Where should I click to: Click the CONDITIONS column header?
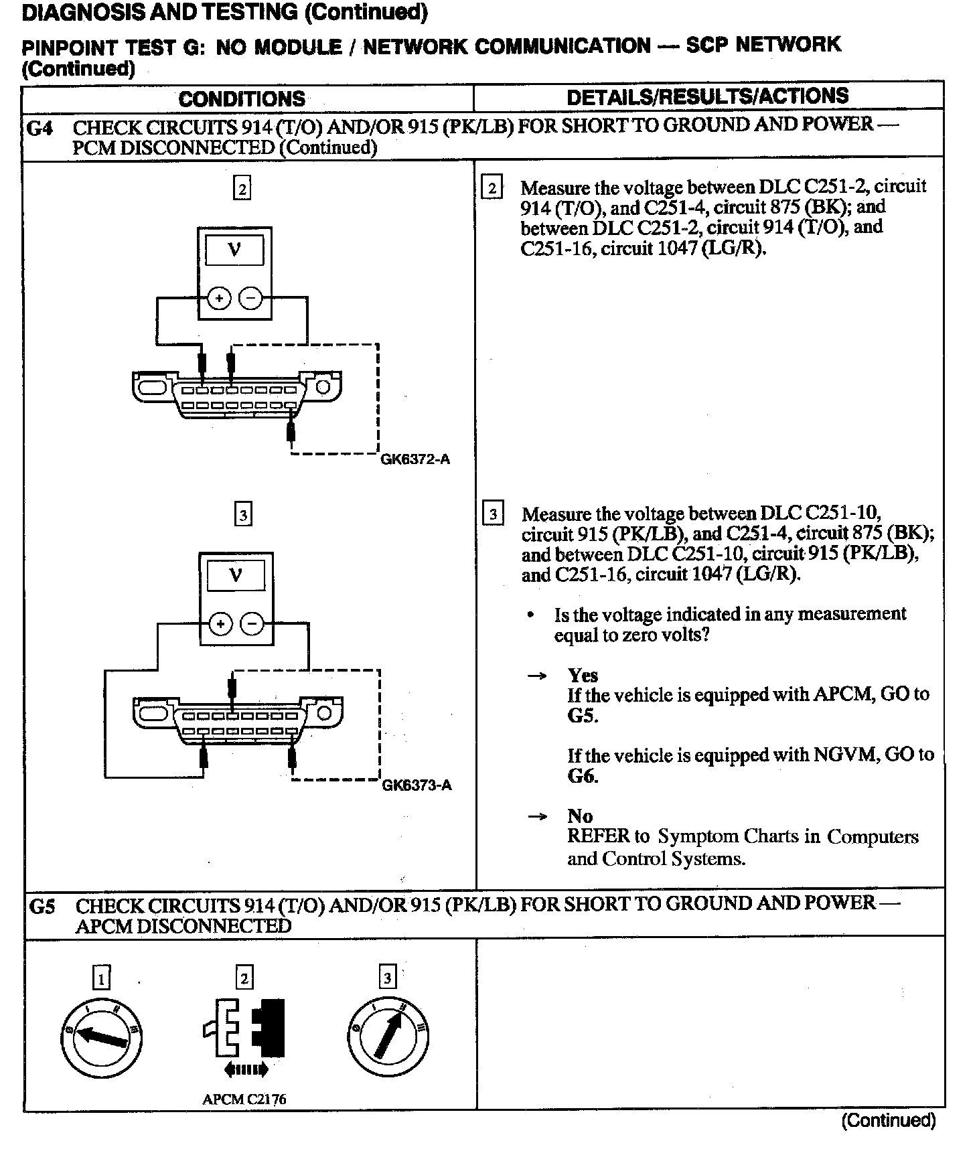[242, 99]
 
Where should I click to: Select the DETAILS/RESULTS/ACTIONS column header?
[707, 96]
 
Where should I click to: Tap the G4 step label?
[40, 127]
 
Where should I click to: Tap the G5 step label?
[43, 907]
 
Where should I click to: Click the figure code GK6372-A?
[415, 459]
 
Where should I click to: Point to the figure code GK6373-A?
[417, 785]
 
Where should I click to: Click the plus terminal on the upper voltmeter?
[218, 299]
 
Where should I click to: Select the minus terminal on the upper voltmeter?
[250, 299]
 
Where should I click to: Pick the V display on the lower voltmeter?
[235, 576]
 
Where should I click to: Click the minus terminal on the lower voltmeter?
[252, 625]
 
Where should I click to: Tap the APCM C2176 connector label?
[244, 1099]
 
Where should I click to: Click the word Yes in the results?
[583, 675]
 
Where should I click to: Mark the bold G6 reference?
[583, 777]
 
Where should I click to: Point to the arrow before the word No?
[538, 817]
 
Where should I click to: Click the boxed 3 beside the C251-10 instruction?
[494, 514]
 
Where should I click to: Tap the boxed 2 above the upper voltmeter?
[242, 189]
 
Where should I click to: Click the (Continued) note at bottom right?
[888, 1120]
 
